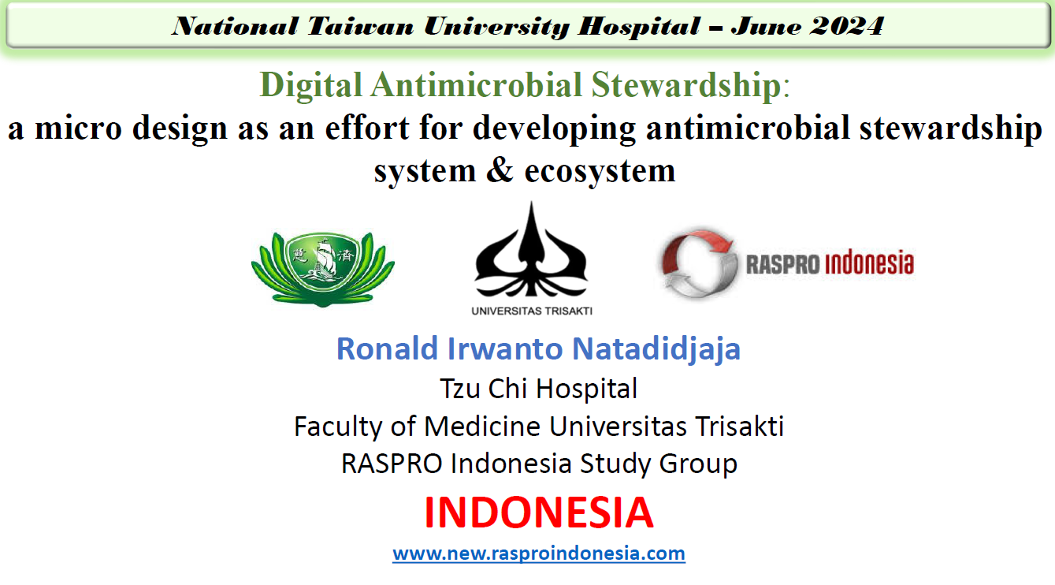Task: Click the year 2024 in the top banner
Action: pos(847,26)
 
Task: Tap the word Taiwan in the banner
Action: pos(360,26)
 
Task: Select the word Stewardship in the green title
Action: pos(686,86)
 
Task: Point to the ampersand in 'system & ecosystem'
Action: pos(500,170)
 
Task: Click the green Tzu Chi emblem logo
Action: pos(323,269)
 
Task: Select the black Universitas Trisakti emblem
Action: pos(531,250)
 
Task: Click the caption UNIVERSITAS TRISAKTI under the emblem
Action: pos(532,311)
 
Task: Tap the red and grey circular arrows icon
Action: pos(699,263)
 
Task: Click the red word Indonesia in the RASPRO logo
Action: pos(869,263)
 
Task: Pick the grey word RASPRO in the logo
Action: pos(782,264)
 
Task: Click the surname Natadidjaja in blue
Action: pos(656,349)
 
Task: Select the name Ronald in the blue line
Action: pos(387,348)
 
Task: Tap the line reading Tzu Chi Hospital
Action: pos(539,389)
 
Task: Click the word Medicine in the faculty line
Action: pos(483,427)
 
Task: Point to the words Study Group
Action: pos(659,464)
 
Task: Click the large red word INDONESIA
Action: pos(539,512)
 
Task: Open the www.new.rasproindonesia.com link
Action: pos(539,553)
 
